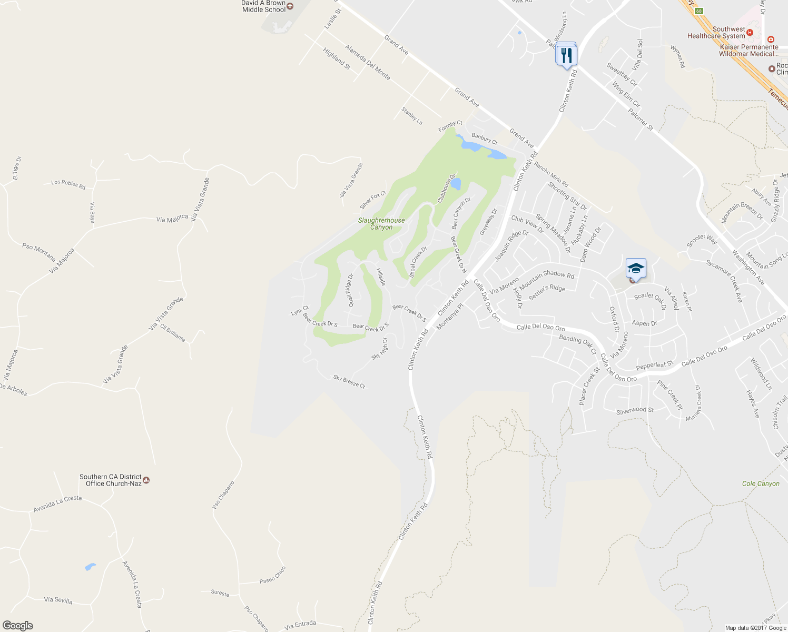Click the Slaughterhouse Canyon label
click(381, 224)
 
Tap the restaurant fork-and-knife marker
click(566, 54)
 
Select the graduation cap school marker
click(636, 268)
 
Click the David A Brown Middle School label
click(264, 6)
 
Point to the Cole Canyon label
click(760, 483)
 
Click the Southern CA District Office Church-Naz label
click(111, 480)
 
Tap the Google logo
click(18, 625)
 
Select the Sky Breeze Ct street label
click(349, 382)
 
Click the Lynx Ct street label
click(300, 311)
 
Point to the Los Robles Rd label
click(68, 184)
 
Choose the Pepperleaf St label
click(655, 364)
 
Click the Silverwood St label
click(635, 410)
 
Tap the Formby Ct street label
click(450, 126)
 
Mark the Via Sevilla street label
click(58, 600)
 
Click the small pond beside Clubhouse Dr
click(456, 184)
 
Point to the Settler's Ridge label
click(547, 292)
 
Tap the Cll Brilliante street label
click(173, 333)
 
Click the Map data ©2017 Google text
click(755, 628)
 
